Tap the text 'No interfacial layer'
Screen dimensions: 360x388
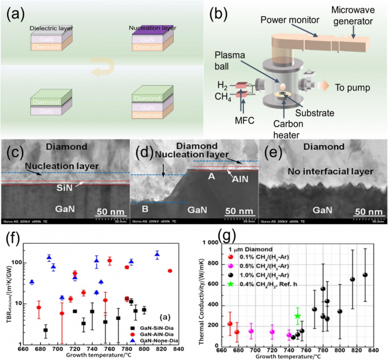(x=322, y=172)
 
